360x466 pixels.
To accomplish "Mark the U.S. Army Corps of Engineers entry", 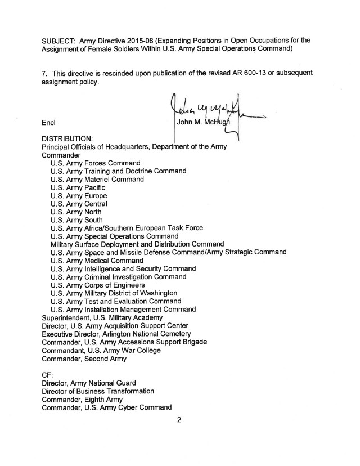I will tap(101, 285).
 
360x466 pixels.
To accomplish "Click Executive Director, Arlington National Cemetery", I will tap(116, 334).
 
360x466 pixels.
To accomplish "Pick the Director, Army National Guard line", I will tap(88, 383).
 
